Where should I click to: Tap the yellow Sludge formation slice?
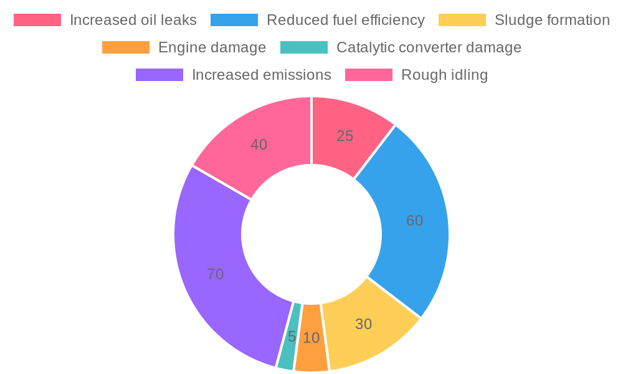click(x=368, y=327)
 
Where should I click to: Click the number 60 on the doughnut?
click(x=414, y=221)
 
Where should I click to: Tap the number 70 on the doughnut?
click(x=215, y=274)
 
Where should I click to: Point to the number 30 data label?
click(x=363, y=324)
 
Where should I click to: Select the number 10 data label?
click(x=311, y=338)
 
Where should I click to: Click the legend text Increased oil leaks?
click(x=133, y=20)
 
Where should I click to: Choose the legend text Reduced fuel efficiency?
click(x=345, y=20)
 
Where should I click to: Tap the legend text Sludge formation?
click(x=551, y=20)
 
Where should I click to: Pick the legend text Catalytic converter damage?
click(x=429, y=47)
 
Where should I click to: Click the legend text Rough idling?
click(x=444, y=75)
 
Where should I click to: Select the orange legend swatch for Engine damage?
click(x=125, y=47)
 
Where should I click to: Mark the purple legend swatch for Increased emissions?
click(x=159, y=75)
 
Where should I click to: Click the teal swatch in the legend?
click(x=303, y=47)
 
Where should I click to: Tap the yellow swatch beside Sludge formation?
click(x=462, y=20)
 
